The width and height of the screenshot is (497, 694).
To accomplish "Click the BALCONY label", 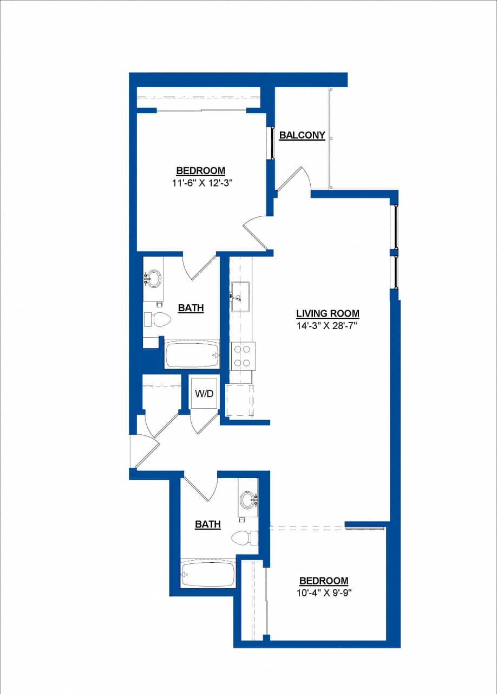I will (x=302, y=135).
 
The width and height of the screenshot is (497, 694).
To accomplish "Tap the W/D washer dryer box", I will (x=204, y=394).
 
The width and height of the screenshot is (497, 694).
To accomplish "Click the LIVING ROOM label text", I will (x=328, y=313).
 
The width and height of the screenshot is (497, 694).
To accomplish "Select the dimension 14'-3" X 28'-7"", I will (x=328, y=325).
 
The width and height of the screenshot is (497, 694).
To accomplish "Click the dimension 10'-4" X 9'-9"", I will (x=323, y=592).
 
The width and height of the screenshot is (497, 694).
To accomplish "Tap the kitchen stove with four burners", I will (x=242, y=356).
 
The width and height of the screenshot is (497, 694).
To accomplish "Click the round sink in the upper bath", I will (x=154, y=279).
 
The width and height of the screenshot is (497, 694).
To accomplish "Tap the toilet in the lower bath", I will (x=244, y=538).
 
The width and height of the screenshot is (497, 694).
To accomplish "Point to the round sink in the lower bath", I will (x=248, y=499).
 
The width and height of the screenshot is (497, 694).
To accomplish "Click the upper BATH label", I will (x=191, y=308).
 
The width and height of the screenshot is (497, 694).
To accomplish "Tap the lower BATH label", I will (x=208, y=524).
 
